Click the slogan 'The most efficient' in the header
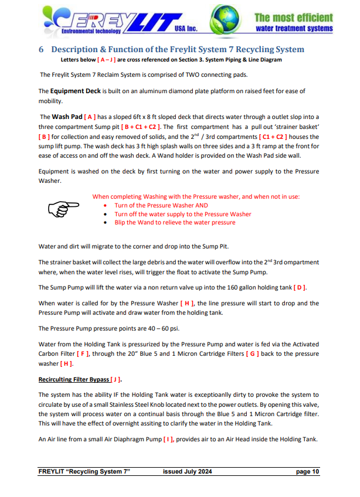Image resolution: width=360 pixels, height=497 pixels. pyautogui.click(x=294, y=18)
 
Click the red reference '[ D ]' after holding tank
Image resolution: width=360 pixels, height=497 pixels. pyautogui.click(x=300, y=287)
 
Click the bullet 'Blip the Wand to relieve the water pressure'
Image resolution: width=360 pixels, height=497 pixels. pyautogui.click(x=175, y=223)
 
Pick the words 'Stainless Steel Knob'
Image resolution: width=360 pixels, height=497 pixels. pyautogui.click(x=186, y=404)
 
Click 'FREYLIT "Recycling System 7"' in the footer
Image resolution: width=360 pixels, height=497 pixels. pyautogui.click(x=84, y=472)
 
